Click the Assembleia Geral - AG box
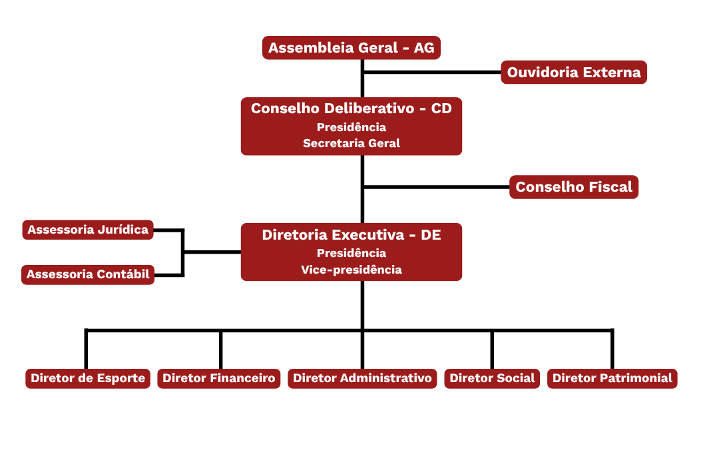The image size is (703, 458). pos(351,48)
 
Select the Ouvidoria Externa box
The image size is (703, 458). pos(574,72)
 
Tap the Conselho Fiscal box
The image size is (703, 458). pos(574,187)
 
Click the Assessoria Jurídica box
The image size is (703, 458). pos(88,230)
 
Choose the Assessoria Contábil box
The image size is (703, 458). pos(88,274)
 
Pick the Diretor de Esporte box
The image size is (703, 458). pos(88,378)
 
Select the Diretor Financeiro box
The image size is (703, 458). pos(219,378)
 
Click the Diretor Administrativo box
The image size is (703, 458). pos(362,378)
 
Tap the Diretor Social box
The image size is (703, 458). pos(492,378)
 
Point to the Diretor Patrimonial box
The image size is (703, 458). pos(612,378)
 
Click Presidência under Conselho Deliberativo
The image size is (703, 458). pos(351,127)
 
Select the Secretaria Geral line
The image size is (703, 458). pos(351,143)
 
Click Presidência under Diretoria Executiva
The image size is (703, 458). pos(351,253)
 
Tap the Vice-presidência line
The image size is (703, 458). pos(351,270)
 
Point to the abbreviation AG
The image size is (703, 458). pos(424,48)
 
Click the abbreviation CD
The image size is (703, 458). pos(441,109)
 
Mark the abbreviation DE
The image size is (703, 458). pos(431,235)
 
